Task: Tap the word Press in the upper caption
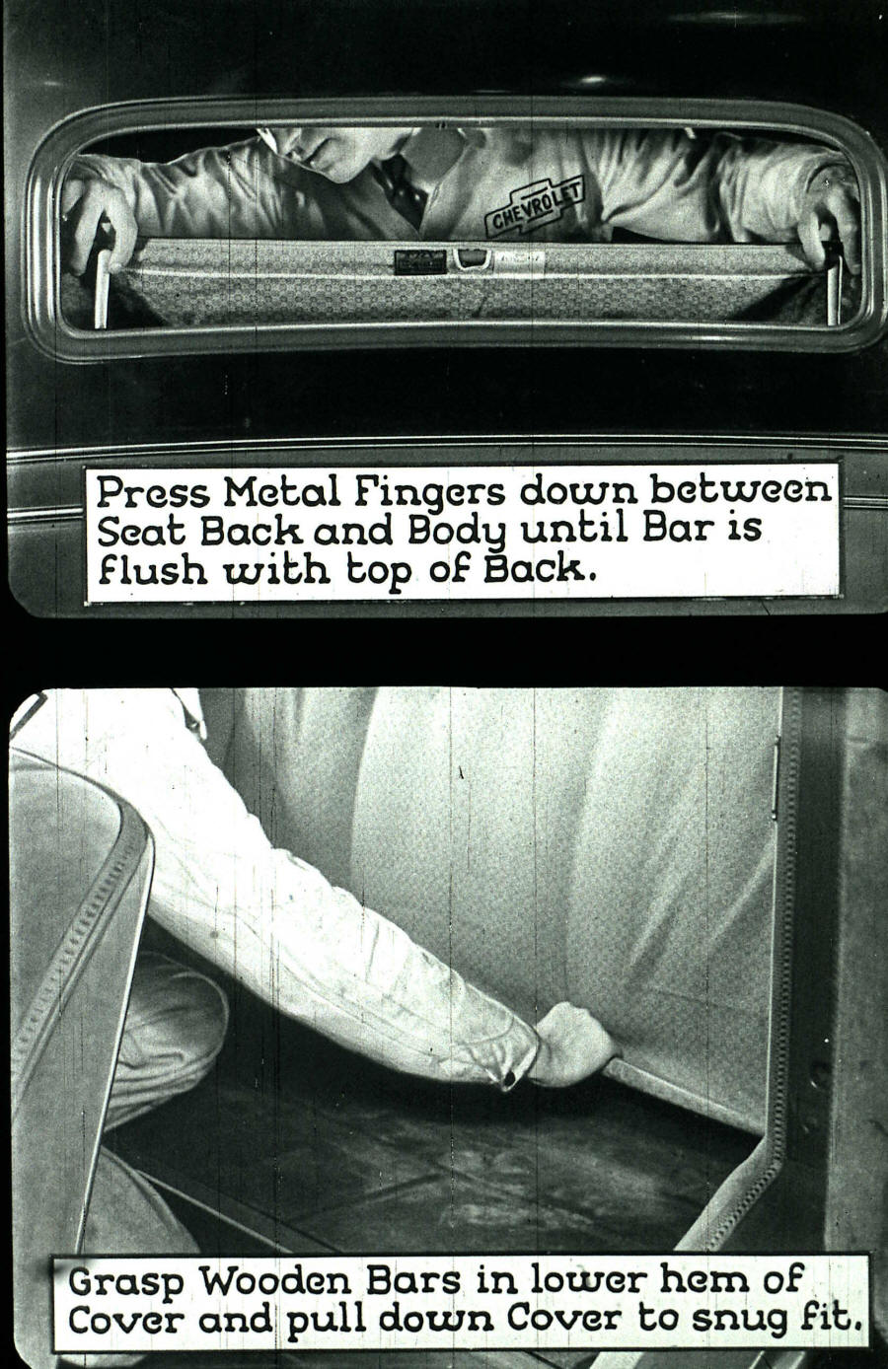151,489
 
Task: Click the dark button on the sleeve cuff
509,1081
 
